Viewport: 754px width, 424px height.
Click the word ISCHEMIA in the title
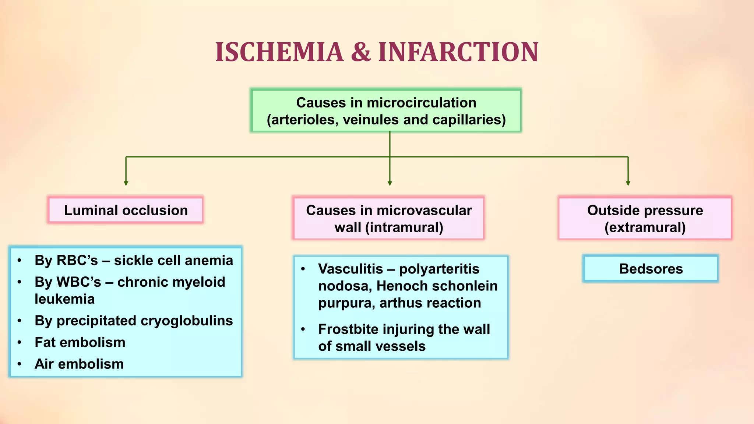[279, 52]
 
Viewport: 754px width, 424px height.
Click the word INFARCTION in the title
[458, 52]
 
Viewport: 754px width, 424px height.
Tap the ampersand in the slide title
[361, 52]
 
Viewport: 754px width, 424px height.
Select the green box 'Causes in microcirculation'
[386, 110]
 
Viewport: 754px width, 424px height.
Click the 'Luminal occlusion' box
[126, 210]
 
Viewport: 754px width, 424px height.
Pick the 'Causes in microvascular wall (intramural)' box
[388, 218]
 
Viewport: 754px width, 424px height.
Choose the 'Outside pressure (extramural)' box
[645, 218]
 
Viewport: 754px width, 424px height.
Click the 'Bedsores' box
[651, 269]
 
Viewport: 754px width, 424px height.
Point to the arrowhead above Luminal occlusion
[126, 183]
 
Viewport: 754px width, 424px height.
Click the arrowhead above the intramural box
[390, 183]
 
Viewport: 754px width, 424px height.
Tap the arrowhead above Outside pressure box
[628, 183]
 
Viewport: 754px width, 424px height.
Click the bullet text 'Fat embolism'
[80, 342]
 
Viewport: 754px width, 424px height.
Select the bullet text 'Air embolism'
[79, 364]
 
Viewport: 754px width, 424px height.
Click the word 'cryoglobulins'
[187, 321]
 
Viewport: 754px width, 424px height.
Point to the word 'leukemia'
[64, 299]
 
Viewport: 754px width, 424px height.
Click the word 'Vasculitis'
[350, 269]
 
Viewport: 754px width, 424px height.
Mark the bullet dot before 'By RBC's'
[20, 261]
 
